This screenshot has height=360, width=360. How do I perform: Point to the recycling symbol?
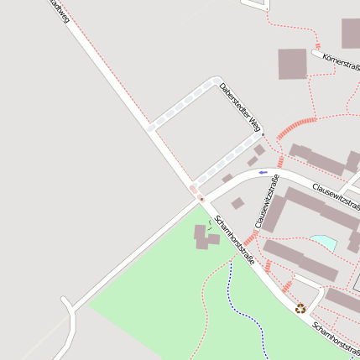point(300,308)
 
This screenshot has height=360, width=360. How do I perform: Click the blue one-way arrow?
point(263,173)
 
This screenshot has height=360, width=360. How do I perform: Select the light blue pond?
point(323,243)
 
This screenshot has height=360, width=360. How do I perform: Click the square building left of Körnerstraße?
point(292,64)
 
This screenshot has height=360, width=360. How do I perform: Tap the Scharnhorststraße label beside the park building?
point(234,239)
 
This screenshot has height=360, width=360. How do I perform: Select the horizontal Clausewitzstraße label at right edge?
point(336,198)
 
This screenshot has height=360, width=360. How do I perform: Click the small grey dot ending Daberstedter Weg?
point(263,134)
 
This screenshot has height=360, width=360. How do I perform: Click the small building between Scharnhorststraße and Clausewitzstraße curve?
point(238,203)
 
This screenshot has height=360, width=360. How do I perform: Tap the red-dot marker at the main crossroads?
point(201,199)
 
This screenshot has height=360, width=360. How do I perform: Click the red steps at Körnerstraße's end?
point(318,47)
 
